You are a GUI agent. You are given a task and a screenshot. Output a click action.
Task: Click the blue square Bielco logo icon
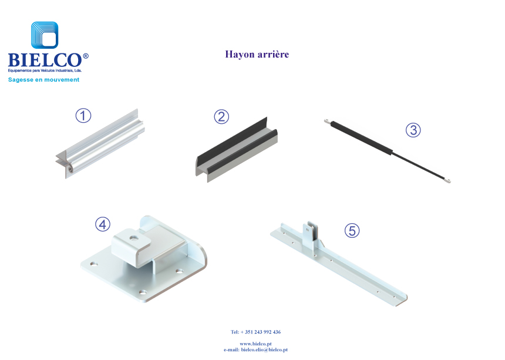pyautogui.click(x=45, y=35)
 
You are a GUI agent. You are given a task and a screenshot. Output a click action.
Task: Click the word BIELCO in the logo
pyautogui.click(x=45, y=60)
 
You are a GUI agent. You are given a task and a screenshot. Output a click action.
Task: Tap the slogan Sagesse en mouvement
pyautogui.click(x=43, y=79)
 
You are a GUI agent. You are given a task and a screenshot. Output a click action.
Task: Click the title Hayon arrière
pyautogui.click(x=257, y=54)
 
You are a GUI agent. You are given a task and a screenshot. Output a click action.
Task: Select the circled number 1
pyautogui.click(x=83, y=116)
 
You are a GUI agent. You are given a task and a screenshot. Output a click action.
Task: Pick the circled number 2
pyautogui.click(x=221, y=116)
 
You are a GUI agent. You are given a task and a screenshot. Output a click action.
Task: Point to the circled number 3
pyautogui.click(x=413, y=130)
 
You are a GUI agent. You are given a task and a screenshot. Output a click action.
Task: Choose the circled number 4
pyautogui.click(x=103, y=224)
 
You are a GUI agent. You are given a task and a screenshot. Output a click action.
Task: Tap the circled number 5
pyautogui.click(x=352, y=231)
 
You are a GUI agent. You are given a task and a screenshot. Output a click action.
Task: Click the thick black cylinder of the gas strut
pyautogui.click(x=362, y=137)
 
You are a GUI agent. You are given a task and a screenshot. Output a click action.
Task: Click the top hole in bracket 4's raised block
pyautogui.click(x=133, y=238)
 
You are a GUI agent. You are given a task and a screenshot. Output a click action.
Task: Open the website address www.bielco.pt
pyautogui.click(x=255, y=344)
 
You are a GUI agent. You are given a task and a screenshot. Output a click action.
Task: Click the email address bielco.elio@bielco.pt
pyautogui.click(x=264, y=349)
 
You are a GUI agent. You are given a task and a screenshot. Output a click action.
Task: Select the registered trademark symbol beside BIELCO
pyautogui.click(x=86, y=56)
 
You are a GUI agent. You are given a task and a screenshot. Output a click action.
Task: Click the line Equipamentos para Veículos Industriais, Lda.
pyautogui.click(x=45, y=70)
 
